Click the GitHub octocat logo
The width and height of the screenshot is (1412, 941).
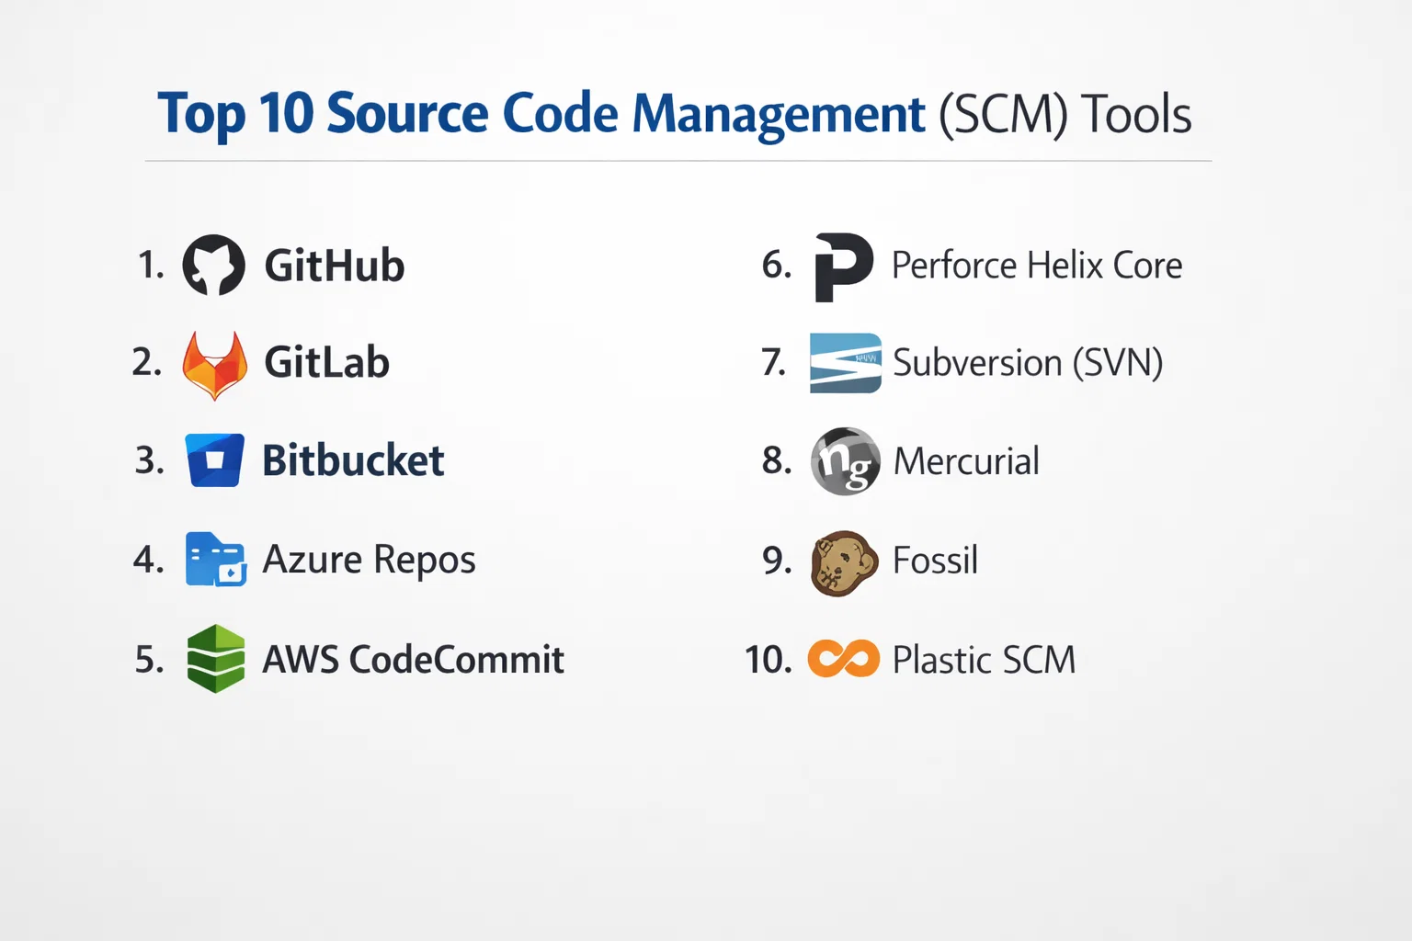(213, 265)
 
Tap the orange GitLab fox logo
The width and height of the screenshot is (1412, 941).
(214, 366)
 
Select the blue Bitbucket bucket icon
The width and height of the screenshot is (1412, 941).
(214, 460)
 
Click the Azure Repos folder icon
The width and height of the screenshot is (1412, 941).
(216, 560)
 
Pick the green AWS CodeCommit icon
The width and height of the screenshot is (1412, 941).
(216, 659)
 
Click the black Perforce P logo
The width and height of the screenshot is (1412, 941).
(843, 267)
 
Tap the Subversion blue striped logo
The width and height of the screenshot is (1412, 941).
(846, 363)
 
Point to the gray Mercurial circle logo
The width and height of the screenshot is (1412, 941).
(846, 460)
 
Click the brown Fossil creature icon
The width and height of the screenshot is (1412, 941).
(844, 563)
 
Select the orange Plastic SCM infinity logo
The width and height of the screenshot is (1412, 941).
(843, 659)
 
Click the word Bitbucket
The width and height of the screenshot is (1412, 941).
(353, 460)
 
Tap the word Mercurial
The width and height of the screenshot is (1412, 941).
(966, 460)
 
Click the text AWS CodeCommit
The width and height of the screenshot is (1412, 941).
(413, 659)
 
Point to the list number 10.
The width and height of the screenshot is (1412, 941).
(769, 659)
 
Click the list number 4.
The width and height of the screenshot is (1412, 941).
(149, 560)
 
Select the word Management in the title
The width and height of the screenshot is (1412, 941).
(780, 115)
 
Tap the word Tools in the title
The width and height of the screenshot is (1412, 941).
(1136, 114)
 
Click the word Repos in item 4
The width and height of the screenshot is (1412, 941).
(424, 561)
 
